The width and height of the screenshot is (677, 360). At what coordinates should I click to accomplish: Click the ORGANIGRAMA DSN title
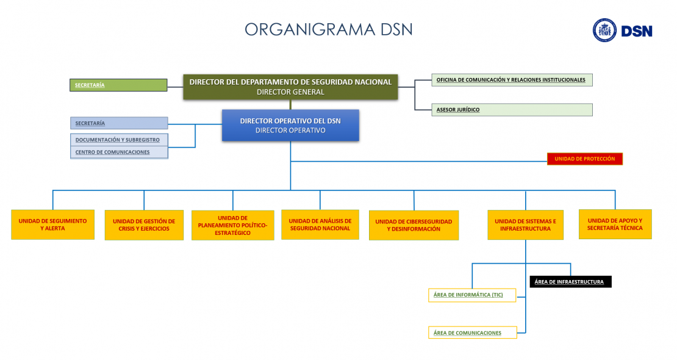coord(329,29)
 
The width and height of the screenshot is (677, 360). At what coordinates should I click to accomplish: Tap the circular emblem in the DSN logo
coord(604,31)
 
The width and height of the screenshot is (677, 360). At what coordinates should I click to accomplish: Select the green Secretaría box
coord(118,85)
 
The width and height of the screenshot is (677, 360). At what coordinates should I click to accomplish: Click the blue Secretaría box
coord(119,123)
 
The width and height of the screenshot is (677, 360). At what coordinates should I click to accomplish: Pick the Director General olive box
coord(290,87)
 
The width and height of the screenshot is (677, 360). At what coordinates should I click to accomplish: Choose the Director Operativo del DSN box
coord(290,125)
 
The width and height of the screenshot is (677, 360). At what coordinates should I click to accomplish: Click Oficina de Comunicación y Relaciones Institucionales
coord(512,80)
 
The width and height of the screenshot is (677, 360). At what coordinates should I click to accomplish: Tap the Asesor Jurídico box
coord(512,110)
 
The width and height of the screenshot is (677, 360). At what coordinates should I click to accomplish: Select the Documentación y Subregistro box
coord(119,140)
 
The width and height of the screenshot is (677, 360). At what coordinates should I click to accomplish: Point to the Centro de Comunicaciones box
coord(119,152)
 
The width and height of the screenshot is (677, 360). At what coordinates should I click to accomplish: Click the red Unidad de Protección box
coord(585,159)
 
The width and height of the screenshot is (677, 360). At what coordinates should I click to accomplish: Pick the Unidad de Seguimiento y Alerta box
coord(52,225)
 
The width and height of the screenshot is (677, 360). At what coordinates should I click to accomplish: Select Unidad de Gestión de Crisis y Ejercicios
coord(144,225)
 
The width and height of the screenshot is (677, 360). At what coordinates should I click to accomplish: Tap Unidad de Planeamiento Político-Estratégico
coord(233,225)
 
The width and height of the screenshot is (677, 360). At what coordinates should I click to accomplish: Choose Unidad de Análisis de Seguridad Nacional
coord(320,225)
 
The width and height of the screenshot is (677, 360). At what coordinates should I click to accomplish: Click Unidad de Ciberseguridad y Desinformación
coord(414,225)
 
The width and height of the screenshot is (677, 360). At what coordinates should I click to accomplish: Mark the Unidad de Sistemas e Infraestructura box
coord(526,225)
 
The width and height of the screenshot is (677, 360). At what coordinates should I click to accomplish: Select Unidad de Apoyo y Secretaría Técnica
coord(615,225)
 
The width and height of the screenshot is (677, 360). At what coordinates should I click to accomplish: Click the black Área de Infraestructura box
coord(570,282)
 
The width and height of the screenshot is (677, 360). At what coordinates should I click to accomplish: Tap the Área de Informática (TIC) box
coord(472,295)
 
